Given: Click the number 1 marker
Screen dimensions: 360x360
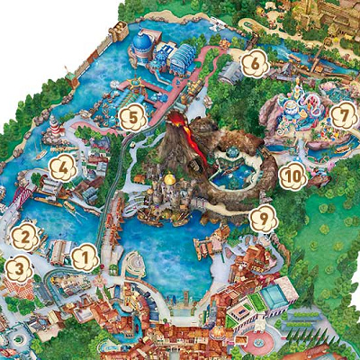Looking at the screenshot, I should tap(84, 258).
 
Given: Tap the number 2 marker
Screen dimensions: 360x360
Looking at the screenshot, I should tap(24, 238).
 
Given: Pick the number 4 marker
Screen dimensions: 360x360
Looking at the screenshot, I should tap(62, 166).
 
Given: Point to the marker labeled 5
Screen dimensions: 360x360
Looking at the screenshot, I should tap(132, 116).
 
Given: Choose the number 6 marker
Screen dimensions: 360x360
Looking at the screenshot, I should tap(255, 63).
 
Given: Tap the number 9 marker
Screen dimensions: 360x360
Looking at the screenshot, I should tap(263, 217).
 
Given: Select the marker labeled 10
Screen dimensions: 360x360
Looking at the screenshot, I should tap(292, 176).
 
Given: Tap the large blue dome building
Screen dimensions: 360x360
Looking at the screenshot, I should tap(143, 42).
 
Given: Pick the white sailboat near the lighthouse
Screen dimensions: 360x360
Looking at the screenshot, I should tap(40, 154).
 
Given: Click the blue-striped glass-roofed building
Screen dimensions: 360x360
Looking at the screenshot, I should tap(182, 59).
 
